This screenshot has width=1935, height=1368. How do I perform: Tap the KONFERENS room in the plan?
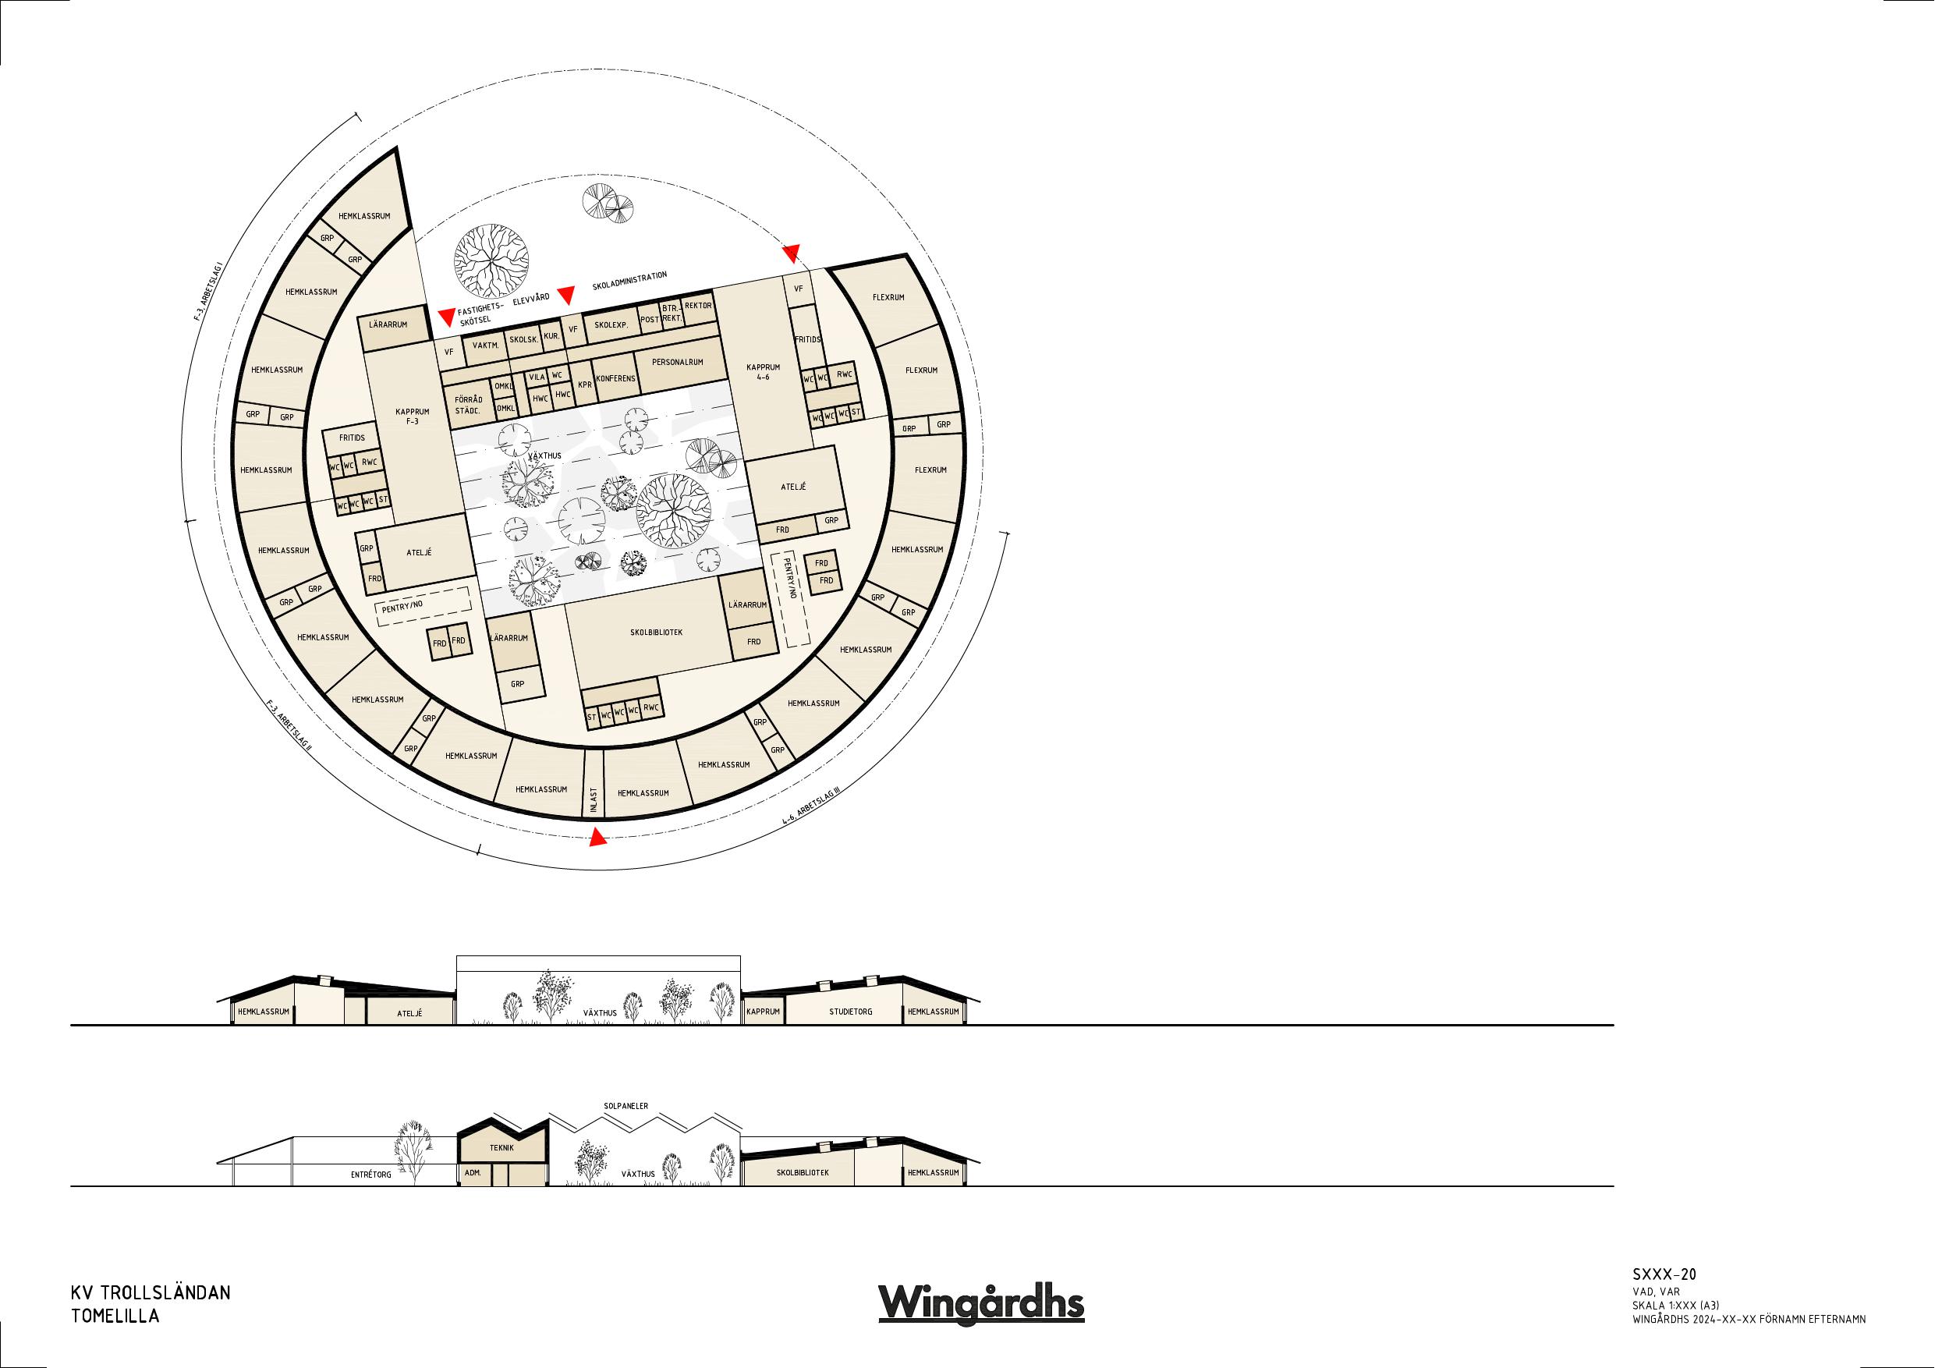615,379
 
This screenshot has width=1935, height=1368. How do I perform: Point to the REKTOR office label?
699,306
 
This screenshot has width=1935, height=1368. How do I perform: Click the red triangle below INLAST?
597,838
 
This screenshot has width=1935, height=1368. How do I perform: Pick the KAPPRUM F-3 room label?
412,416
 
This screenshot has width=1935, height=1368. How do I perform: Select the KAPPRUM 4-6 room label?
764,373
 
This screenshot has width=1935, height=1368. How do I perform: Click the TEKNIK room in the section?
501,1147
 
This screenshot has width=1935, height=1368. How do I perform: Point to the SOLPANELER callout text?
626,1105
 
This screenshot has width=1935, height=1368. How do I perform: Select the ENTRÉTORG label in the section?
370,1174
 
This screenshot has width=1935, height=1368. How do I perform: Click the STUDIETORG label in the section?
850,1011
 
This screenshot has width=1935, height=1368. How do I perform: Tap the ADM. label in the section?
472,1172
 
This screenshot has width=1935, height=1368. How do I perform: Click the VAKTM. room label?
486,346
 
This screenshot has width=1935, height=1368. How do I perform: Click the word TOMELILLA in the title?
115,1316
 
